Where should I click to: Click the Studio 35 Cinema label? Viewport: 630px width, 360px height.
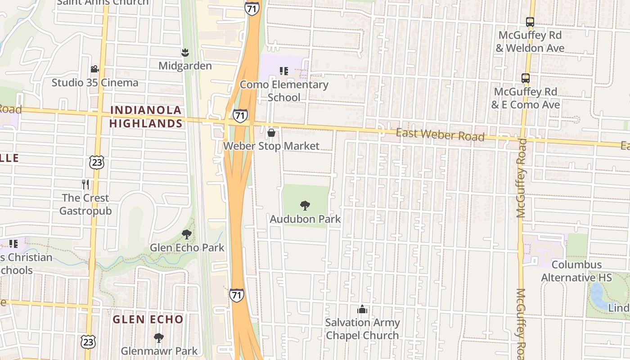(x=95, y=83)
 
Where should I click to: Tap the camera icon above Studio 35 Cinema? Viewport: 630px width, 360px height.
(x=94, y=69)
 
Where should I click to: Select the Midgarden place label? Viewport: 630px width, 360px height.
(x=185, y=66)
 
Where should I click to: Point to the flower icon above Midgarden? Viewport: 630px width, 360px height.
(x=184, y=53)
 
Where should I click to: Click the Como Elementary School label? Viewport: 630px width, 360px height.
(x=284, y=91)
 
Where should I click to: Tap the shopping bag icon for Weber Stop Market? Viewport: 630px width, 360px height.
(x=271, y=133)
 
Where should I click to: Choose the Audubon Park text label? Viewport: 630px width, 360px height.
(x=305, y=219)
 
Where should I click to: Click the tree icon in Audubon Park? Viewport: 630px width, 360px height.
(x=305, y=206)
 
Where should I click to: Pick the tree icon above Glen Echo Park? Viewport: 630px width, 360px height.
(x=187, y=234)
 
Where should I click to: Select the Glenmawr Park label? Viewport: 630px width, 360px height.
(x=159, y=351)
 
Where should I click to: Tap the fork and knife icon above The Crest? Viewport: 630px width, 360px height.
(x=85, y=184)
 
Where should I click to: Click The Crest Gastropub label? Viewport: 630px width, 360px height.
(x=85, y=204)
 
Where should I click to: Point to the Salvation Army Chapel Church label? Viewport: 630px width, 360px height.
(x=362, y=329)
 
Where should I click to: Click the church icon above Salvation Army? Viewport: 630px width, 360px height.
(x=362, y=309)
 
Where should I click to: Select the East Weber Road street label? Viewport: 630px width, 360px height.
(x=440, y=135)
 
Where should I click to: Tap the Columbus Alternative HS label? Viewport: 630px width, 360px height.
(x=576, y=271)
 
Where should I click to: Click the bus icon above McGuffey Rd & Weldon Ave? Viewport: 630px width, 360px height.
(x=530, y=22)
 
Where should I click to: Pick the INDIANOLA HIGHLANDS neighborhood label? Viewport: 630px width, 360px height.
(x=146, y=117)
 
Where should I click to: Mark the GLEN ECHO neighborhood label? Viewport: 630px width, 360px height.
(x=148, y=319)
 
